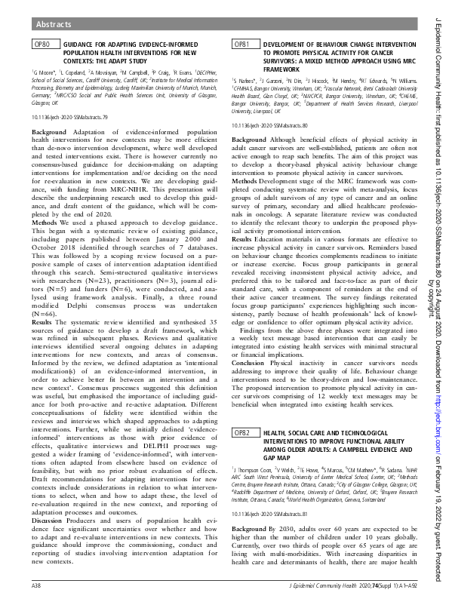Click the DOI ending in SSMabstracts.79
tap(69, 118)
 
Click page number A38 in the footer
tap(35, 585)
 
